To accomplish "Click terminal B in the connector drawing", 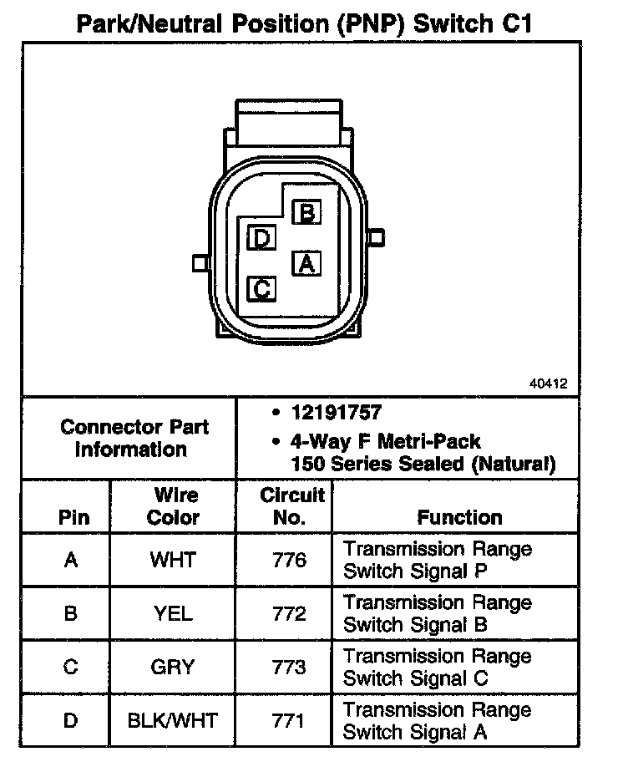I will (307, 213).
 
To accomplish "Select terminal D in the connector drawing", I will (262, 240).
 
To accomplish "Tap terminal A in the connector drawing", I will (306, 264).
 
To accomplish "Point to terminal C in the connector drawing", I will (262, 289).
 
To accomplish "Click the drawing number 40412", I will (548, 384).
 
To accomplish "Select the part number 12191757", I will (337, 413).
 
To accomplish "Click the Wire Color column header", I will (173, 506).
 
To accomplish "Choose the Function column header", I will (459, 517).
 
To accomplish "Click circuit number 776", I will (289, 560).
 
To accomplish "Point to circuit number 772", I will (289, 614).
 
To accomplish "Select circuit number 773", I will (289, 667).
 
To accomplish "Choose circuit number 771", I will (289, 720).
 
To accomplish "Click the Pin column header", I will (73, 517).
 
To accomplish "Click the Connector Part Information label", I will (134, 438).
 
